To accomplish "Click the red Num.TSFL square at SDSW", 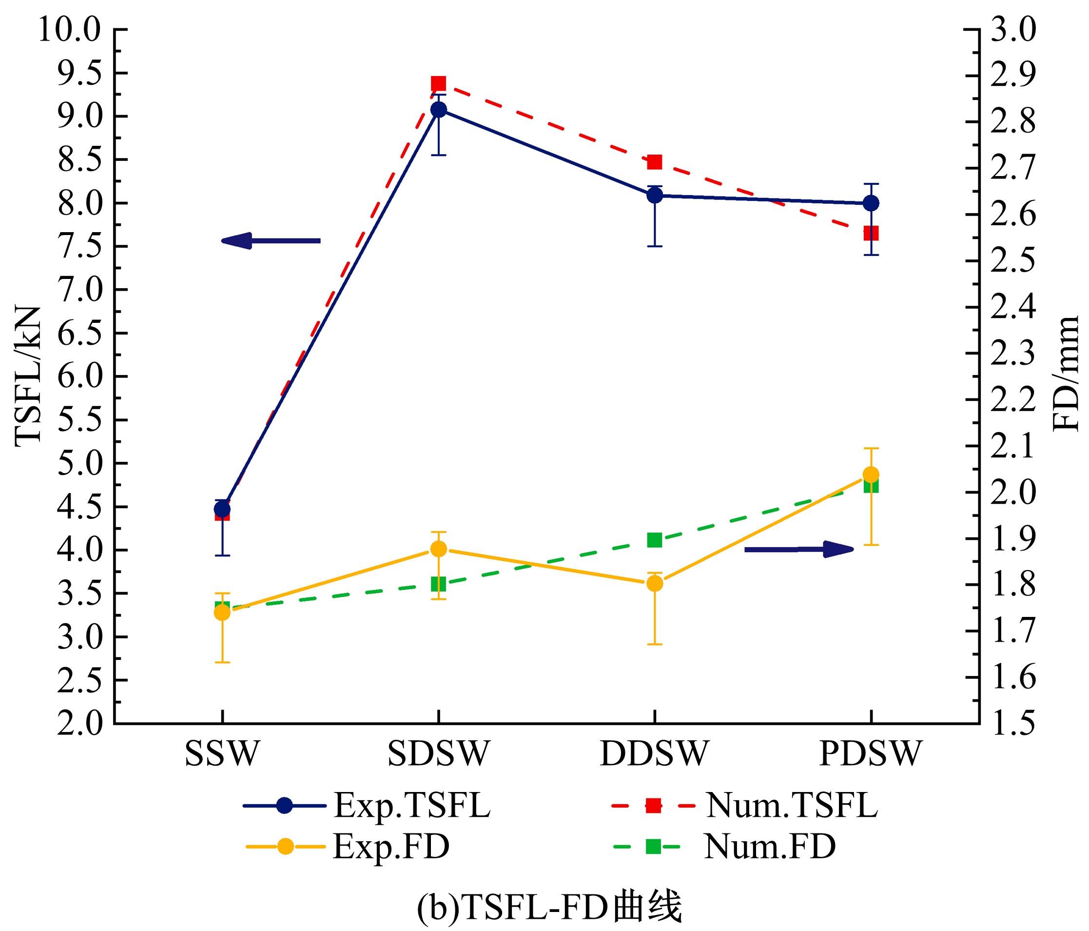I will pos(438,83).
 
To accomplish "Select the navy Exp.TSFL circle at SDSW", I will pos(438,110).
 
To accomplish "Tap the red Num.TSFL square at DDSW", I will pos(654,161).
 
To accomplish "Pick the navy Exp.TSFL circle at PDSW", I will pos(871,203).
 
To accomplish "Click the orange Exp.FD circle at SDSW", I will pos(438,549).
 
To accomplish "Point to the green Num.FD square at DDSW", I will pos(654,540).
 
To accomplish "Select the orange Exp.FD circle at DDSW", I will pos(654,583).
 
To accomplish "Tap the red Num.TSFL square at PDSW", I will pos(871,233).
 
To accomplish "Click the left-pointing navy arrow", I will pos(271,241).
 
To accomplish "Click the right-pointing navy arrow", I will pos(799,549).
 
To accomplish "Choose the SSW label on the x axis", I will pos(222,753).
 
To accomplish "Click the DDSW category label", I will pos(654,753).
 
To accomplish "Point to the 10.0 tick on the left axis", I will pos(68,32).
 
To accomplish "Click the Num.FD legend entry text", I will pos(770,847).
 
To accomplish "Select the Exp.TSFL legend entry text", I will pos(412,805).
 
